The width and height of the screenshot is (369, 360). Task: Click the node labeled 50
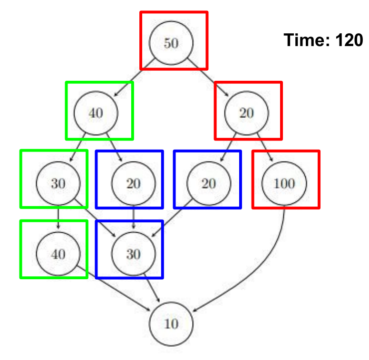point(171,43)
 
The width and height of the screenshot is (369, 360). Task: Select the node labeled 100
point(284,183)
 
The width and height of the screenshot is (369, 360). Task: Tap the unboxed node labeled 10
point(171,324)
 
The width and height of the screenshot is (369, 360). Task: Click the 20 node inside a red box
point(246,113)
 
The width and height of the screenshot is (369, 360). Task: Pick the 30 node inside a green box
point(58,183)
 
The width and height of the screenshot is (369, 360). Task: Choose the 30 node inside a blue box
point(133,254)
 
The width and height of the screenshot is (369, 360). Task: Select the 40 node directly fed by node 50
point(96,113)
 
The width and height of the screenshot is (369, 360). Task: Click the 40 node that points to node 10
point(58,254)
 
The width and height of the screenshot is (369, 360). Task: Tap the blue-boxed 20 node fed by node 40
point(133,183)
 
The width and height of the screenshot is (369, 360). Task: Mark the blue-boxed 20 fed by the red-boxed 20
point(209,183)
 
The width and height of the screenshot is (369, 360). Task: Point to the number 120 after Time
point(349,40)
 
